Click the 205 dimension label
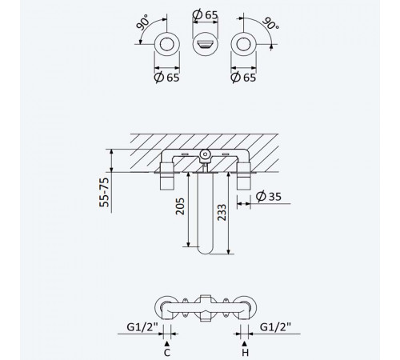[180, 206]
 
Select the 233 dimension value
[222, 213]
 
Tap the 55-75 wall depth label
[104, 192]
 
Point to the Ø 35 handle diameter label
[269, 196]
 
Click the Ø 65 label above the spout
[205, 14]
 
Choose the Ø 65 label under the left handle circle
[166, 78]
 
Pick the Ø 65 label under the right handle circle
[243, 78]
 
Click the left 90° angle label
[142, 22]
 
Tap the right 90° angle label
[270, 24]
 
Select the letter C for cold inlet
[167, 353]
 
